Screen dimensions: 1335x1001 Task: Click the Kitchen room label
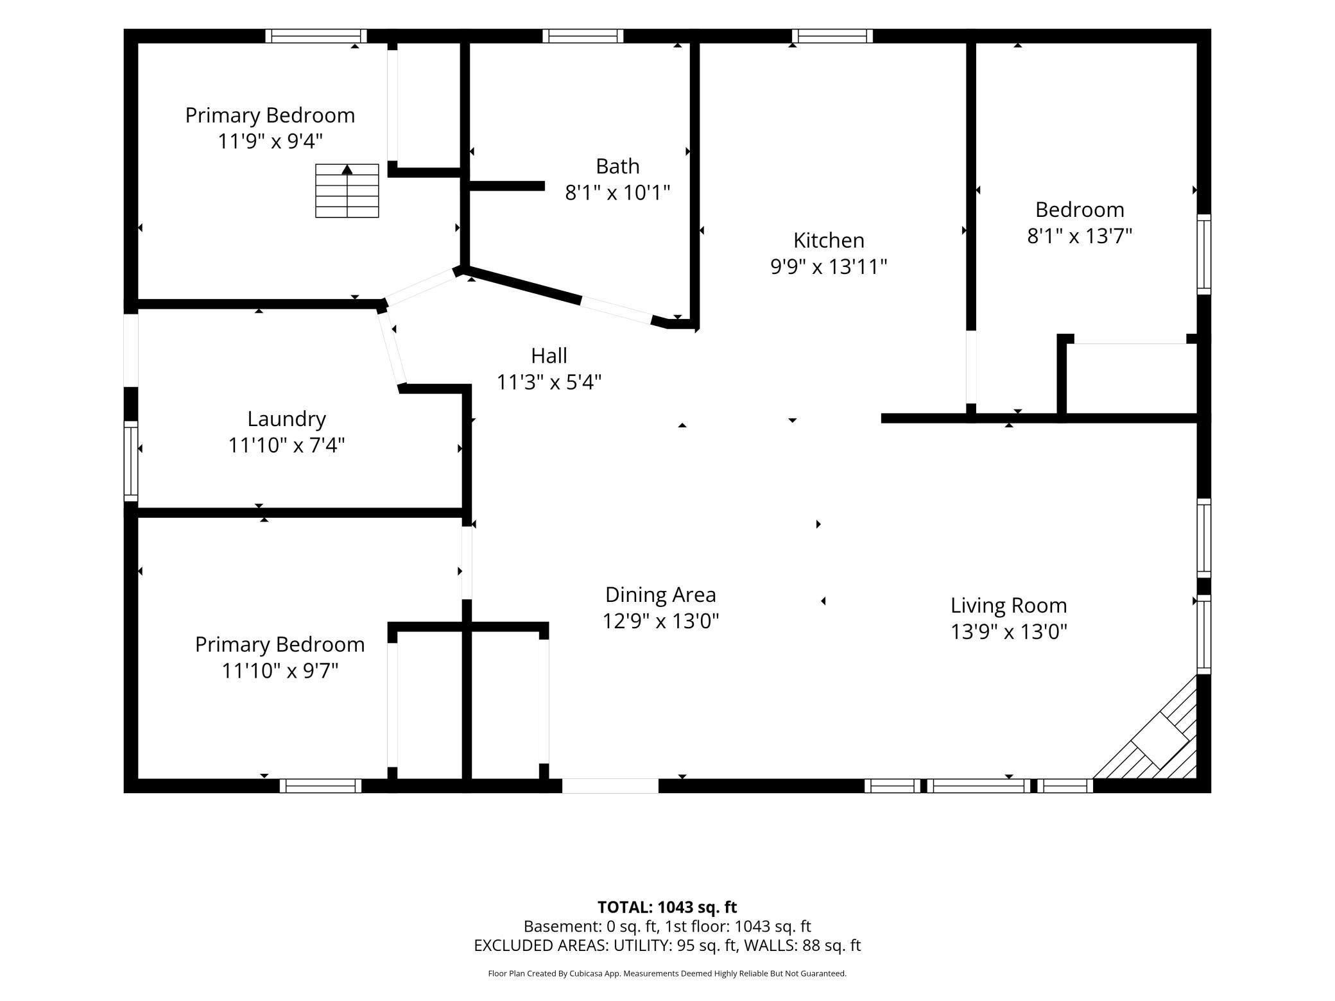point(829,240)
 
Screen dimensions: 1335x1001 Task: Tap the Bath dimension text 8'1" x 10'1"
point(617,192)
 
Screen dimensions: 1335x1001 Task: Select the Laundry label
point(286,419)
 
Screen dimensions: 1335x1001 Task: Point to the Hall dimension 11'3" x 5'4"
point(549,382)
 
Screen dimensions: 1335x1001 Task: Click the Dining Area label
point(660,595)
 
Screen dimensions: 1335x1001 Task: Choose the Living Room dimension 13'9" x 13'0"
point(1008,632)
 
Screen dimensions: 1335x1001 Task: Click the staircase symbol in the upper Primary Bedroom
point(347,191)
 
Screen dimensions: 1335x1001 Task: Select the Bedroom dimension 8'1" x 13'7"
point(1080,236)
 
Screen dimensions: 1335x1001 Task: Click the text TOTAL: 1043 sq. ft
point(667,907)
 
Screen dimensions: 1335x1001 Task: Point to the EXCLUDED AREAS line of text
point(667,945)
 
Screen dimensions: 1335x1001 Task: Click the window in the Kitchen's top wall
point(832,36)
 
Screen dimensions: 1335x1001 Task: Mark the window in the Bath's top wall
point(583,36)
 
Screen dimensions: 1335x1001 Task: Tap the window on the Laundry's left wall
point(131,461)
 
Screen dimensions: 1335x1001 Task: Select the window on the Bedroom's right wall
point(1204,254)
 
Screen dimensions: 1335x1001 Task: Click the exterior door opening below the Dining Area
point(610,785)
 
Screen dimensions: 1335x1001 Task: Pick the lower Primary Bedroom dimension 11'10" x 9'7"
point(280,671)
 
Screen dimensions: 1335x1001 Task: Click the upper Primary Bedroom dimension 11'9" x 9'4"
point(270,141)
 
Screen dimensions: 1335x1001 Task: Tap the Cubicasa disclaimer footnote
point(667,973)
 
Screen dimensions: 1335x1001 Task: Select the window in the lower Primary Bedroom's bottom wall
point(320,785)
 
